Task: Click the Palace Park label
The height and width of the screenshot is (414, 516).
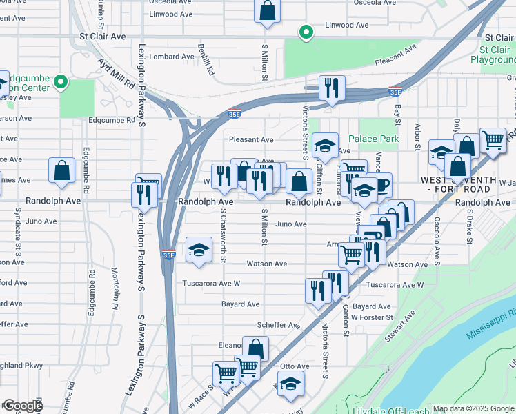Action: pos(373,139)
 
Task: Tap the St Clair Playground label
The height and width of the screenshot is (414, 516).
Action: pos(493,55)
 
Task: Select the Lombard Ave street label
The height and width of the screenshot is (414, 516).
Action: pos(172,57)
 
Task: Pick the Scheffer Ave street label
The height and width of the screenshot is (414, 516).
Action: pos(277,325)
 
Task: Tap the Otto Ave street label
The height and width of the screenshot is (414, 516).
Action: pos(295,366)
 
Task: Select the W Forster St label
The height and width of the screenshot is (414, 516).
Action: pos(372,317)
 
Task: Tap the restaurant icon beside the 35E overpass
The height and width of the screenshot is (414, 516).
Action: pos(332,88)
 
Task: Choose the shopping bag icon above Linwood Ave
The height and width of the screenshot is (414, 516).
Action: pos(268,11)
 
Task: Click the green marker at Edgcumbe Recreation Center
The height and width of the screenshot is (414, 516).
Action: pos(61,82)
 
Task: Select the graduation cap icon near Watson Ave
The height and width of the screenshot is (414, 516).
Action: pos(199,249)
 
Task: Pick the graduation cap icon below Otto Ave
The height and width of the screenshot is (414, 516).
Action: pos(290,383)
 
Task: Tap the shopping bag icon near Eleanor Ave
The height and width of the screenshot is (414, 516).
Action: pos(255,348)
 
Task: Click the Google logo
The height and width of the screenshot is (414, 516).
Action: pos(22,406)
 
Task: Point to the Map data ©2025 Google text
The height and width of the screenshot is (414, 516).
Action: pos(473,408)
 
